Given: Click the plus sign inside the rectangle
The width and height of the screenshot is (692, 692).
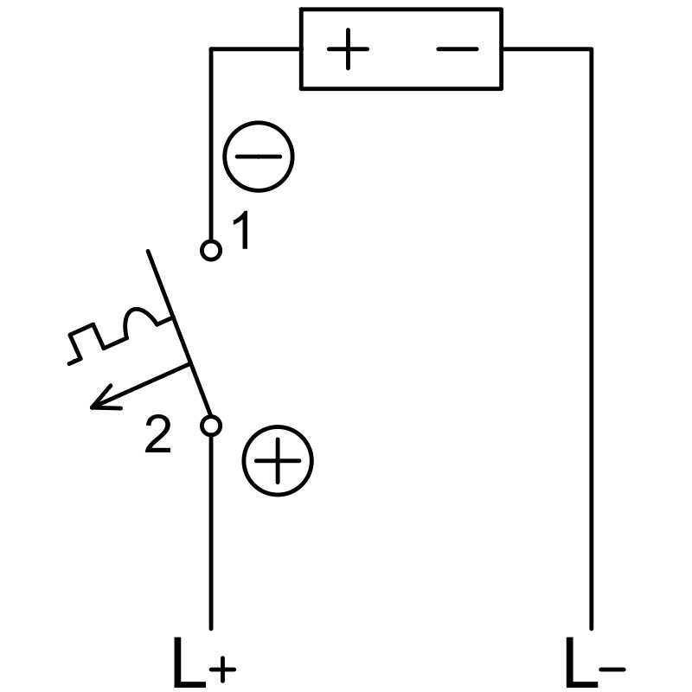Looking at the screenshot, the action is point(348,49).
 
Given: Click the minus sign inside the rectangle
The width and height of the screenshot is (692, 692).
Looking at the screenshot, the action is point(458,49).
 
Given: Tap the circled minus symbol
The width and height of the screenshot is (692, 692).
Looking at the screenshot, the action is point(258,157).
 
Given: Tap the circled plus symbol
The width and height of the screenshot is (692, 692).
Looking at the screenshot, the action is point(278,460).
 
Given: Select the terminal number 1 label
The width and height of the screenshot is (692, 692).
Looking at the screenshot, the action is point(242,230).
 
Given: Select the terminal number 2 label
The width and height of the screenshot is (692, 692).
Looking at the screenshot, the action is point(157,435).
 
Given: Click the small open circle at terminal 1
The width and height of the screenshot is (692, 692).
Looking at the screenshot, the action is point(211,251).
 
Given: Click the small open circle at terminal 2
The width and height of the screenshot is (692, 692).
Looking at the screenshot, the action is point(211,426).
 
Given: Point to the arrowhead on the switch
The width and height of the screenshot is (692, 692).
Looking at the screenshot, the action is point(101,400).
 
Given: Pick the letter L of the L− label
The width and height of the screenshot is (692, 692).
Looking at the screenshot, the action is point(581,662).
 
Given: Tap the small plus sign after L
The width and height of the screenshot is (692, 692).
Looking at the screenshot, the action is point(223,669).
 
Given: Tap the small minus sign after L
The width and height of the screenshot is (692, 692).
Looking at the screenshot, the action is point(612,670).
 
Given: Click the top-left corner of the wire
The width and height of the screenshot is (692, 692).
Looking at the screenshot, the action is point(211,49).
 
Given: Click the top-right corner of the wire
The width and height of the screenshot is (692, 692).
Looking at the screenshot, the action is point(592,49).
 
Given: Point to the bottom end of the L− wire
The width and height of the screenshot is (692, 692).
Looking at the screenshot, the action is point(592,629).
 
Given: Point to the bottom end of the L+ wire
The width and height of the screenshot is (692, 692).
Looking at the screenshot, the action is point(211,629).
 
